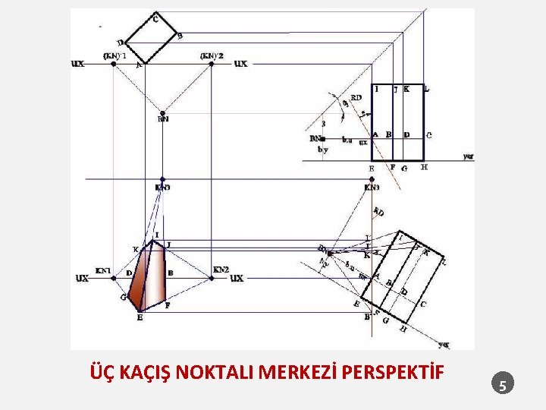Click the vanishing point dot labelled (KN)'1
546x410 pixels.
(114, 64)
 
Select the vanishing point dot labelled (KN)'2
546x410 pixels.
(212, 64)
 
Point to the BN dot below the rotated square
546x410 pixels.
(163, 110)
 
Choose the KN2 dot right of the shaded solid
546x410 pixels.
(212, 278)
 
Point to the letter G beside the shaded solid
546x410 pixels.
(123, 297)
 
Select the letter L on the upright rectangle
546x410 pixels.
(427, 89)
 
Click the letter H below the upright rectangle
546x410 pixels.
(424, 167)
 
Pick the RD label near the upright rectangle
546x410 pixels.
(356, 97)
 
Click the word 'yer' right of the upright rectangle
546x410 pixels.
(468, 156)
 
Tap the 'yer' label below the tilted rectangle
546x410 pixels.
(444, 344)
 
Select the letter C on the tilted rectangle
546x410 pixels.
(423, 304)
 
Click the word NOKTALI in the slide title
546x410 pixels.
(216, 373)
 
